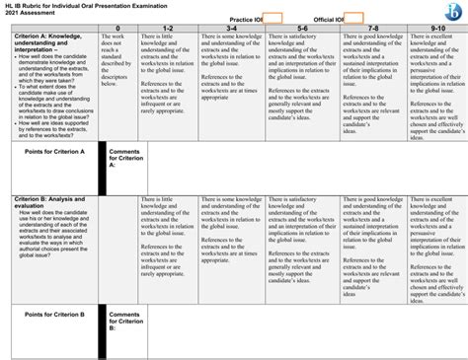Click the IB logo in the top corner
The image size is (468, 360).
[x=453, y=10]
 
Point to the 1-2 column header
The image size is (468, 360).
[x=168, y=29]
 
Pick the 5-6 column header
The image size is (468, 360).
[x=301, y=29]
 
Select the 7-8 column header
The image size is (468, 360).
[x=372, y=29]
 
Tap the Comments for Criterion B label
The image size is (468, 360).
[x=125, y=321]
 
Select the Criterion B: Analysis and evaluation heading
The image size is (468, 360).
[x=49, y=201]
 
